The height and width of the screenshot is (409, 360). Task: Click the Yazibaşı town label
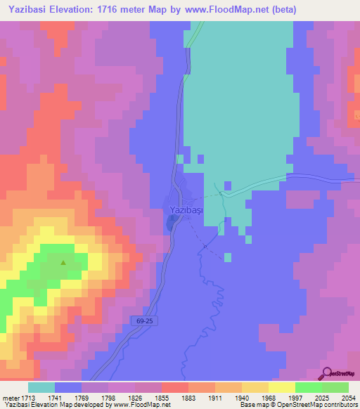[x=186, y=210]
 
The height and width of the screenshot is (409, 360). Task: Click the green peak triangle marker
[x=63, y=263]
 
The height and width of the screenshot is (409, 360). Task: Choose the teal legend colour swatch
[x=41, y=387]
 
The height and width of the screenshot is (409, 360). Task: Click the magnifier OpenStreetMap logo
[x=328, y=373]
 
